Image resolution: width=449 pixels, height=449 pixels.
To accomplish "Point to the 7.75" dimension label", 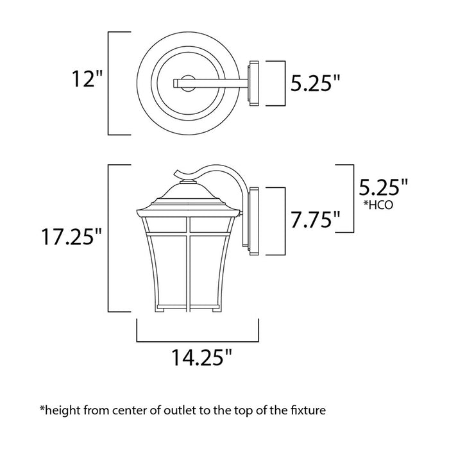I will coord(314,220).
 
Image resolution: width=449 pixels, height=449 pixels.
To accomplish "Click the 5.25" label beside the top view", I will coord(314,83).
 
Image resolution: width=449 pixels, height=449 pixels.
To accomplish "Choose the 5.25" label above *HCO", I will coord(384,187).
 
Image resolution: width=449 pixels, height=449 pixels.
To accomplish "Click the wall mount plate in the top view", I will coord(253,81).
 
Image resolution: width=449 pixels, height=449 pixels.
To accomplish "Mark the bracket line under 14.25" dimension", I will coord(198,339).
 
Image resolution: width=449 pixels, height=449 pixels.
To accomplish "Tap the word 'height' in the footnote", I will coord(61,408).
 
